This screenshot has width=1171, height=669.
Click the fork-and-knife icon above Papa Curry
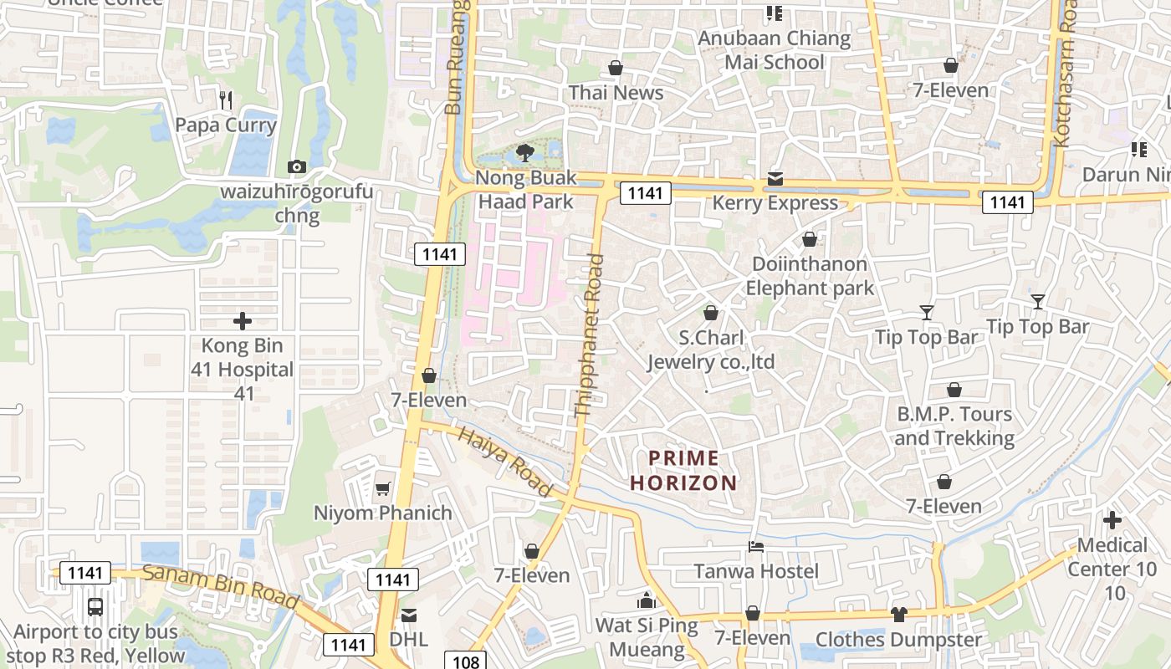pyautogui.click(x=225, y=100)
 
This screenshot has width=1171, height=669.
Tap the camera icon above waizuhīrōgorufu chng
pyautogui.click(x=296, y=167)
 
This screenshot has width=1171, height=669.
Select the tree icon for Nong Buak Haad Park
pyautogui.click(x=525, y=152)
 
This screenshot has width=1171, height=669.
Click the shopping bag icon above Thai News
pyautogui.click(x=616, y=68)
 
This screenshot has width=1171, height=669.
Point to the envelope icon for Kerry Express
pyautogui.click(x=775, y=179)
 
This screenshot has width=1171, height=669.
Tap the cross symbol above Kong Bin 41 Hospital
pyautogui.click(x=243, y=321)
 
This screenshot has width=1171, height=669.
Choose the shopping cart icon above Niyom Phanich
pyautogui.click(x=383, y=488)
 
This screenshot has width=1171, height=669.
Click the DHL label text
pyautogui.click(x=408, y=640)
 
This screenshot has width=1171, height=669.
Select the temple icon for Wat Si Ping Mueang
pyautogui.click(x=646, y=600)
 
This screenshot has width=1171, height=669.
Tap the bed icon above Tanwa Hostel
pyautogui.click(x=756, y=547)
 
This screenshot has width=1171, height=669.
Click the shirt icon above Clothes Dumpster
pyautogui.click(x=898, y=615)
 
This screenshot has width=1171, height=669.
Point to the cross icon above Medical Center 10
pyautogui.click(x=1112, y=521)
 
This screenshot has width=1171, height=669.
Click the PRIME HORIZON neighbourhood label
pyautogui.click(x=683, y=471)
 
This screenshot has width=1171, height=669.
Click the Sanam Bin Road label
pyautogui.click(x=220, y=587)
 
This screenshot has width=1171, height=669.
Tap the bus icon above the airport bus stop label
pyautogui.click(x=95, y=607)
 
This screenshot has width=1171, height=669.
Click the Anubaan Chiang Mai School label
pyautogui.click(x=774, y=50)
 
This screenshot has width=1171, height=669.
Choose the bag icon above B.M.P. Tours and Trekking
pyautogui.click(x=954, y=390)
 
